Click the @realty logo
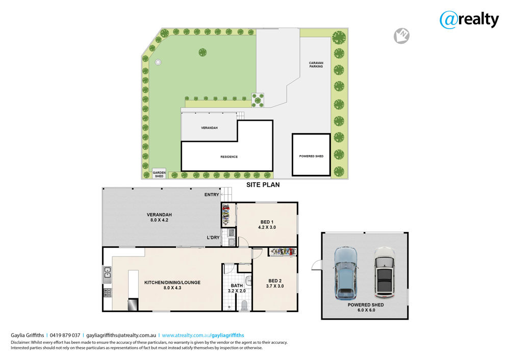point(469,20)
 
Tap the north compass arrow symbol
point(402,36)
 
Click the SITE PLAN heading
point(263,185)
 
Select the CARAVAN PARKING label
point(316,65)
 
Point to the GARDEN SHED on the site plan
point(159,174)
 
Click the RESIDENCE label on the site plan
point(229,157)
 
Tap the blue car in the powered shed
point(346,273)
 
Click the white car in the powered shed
point(384,273)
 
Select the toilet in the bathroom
point(244,305)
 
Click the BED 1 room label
point(267,225)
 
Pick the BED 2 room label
point(275,284)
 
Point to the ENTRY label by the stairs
point(212,194)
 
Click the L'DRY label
point(213,238)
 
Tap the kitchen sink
point(107,274)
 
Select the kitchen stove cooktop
point(108,293)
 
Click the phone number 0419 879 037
point(65,336)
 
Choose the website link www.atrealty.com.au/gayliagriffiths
point(203,336)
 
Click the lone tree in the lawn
point(202,52)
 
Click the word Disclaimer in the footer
point(20,343)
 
